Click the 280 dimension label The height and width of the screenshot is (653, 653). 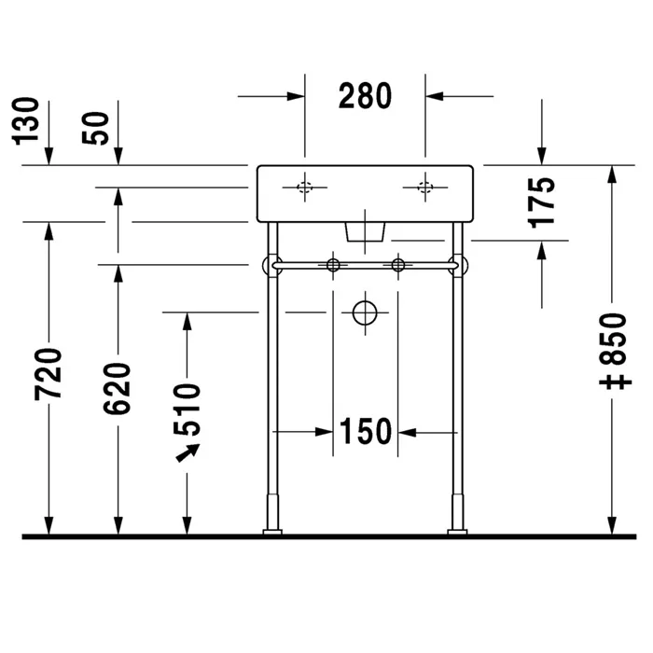point(365,95)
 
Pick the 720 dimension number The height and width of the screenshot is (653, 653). point(49,373)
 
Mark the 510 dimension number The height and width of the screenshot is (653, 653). point(188,409)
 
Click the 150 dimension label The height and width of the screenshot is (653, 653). point(365,432)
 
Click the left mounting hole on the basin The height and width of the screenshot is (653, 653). point(305,188)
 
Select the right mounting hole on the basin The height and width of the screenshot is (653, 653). point(425,188)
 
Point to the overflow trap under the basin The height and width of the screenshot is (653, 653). point(366,231)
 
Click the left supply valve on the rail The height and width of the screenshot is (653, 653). point(332,266)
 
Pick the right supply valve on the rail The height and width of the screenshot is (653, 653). point(398,266)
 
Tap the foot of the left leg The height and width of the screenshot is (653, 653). point(272,531)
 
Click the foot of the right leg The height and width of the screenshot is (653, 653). point(457,531)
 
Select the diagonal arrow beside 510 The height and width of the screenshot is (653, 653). point(189,452)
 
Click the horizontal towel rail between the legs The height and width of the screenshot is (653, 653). point(365,267)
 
